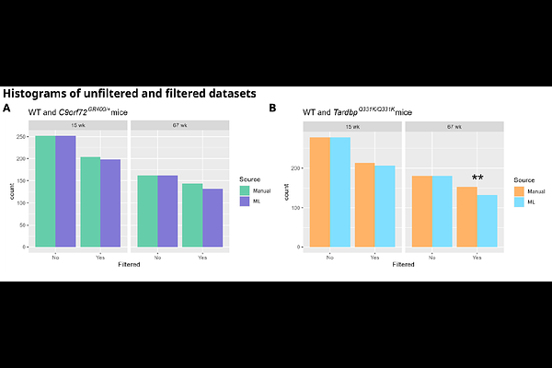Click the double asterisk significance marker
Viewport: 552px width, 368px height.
477,178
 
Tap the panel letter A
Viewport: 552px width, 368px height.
6,109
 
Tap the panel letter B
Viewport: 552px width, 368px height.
272,109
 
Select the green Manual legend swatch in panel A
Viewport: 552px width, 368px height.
244,190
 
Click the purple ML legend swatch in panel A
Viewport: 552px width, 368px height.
244,201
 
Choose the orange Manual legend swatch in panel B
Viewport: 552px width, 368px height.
520,191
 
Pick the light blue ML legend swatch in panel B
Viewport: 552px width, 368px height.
520,201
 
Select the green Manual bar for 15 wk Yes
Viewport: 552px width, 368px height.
90,201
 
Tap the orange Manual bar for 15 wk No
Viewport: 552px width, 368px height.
319,192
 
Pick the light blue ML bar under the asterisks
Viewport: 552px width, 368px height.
487,221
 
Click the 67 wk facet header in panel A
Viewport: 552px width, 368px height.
179,125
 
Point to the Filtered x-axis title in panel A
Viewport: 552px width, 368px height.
129,266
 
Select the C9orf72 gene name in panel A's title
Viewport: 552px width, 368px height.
78,112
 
